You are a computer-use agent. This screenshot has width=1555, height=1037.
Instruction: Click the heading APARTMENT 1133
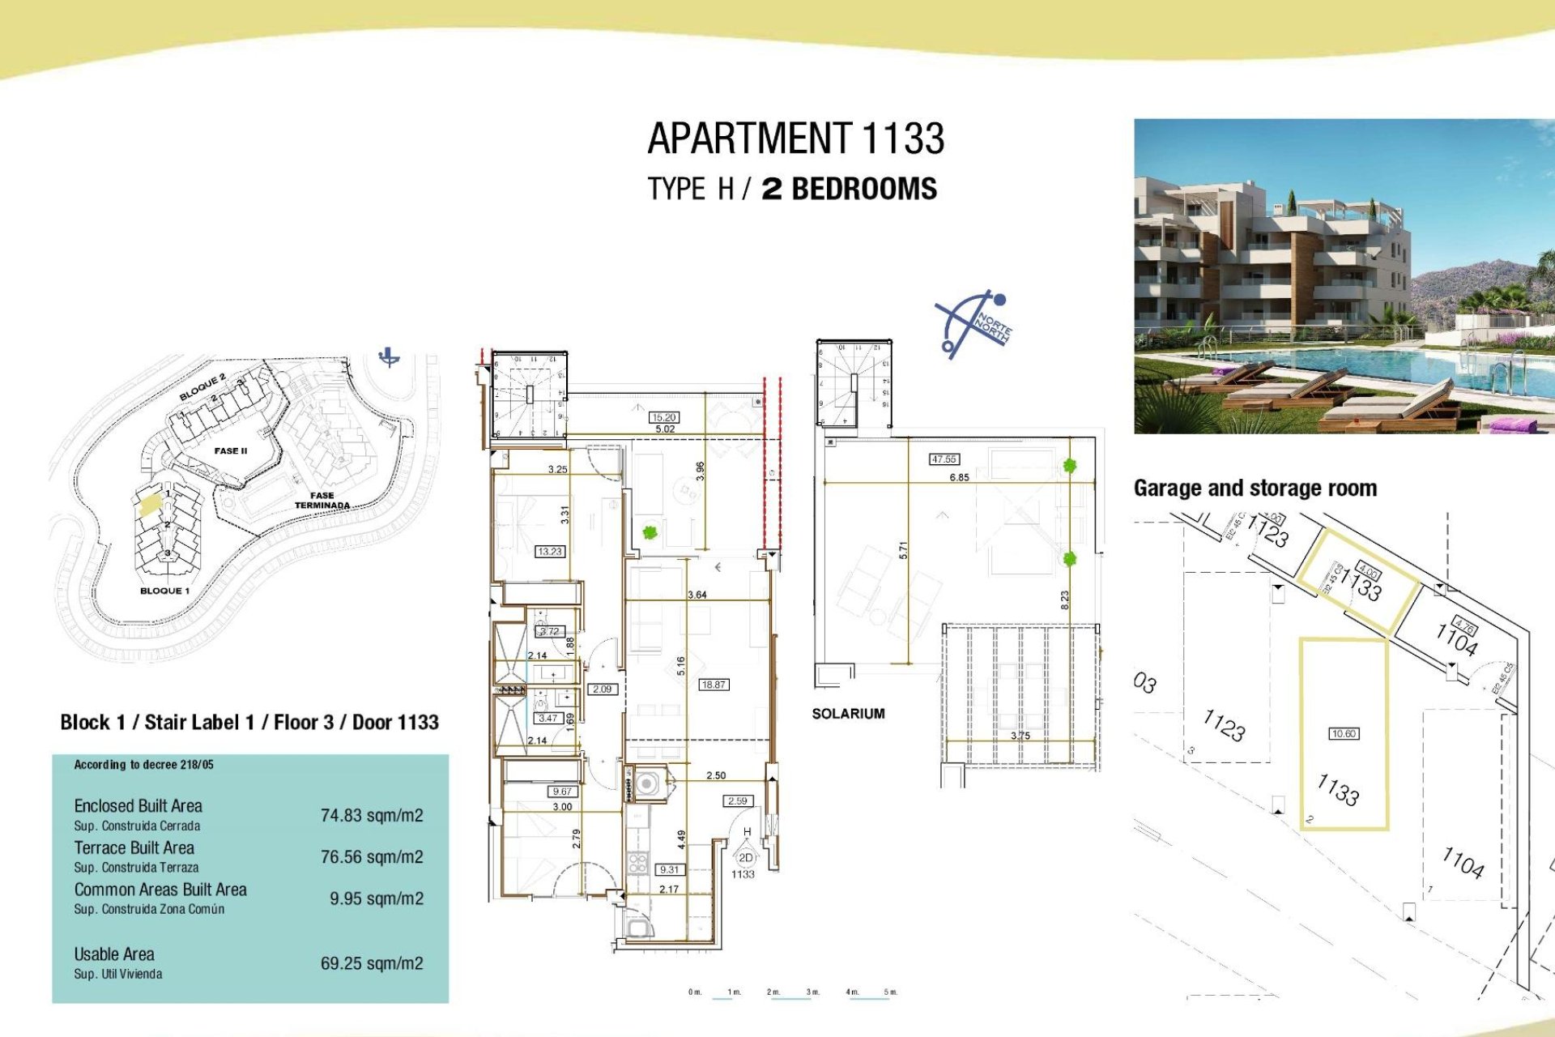click(x=795, y=139)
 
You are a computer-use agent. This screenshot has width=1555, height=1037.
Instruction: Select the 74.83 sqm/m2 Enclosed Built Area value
click(x=372, y=816)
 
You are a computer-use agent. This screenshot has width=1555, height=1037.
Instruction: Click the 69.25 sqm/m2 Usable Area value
click(x=372, y=963)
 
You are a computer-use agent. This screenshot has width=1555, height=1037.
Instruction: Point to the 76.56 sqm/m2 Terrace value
click(x=372, y=857)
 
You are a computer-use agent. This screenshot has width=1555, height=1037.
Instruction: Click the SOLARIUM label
click(x=848, y=714)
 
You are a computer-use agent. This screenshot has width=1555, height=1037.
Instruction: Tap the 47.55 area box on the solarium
click(x=944, y=459)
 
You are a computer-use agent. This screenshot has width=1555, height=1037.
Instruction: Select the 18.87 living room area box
click(x=714, y=685)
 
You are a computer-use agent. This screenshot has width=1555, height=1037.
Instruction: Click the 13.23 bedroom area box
click(x=549, y=552)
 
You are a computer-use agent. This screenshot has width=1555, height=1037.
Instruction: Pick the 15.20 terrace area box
click(x=664, y=417)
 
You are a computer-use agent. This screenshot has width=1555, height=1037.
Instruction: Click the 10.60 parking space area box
click(x=1344, y=734)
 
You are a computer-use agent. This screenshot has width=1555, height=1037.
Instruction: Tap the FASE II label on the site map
click(x=231, y=451)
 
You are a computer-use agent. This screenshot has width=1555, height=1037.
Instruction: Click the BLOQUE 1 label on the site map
click(x=164, y=591)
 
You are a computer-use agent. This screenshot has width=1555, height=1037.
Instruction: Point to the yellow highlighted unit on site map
click(x=150, y=506)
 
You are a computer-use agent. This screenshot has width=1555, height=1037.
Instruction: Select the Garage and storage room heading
click(x=1255, y=489)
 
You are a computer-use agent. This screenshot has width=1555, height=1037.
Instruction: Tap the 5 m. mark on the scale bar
click(x=890, y=992)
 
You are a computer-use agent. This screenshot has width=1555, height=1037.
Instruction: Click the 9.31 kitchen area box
click(x=670, y=869)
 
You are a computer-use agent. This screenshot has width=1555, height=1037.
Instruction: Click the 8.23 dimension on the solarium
click(x=1065, y=600)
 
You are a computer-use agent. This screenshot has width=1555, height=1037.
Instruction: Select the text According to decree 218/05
click(x=143, y=765)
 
